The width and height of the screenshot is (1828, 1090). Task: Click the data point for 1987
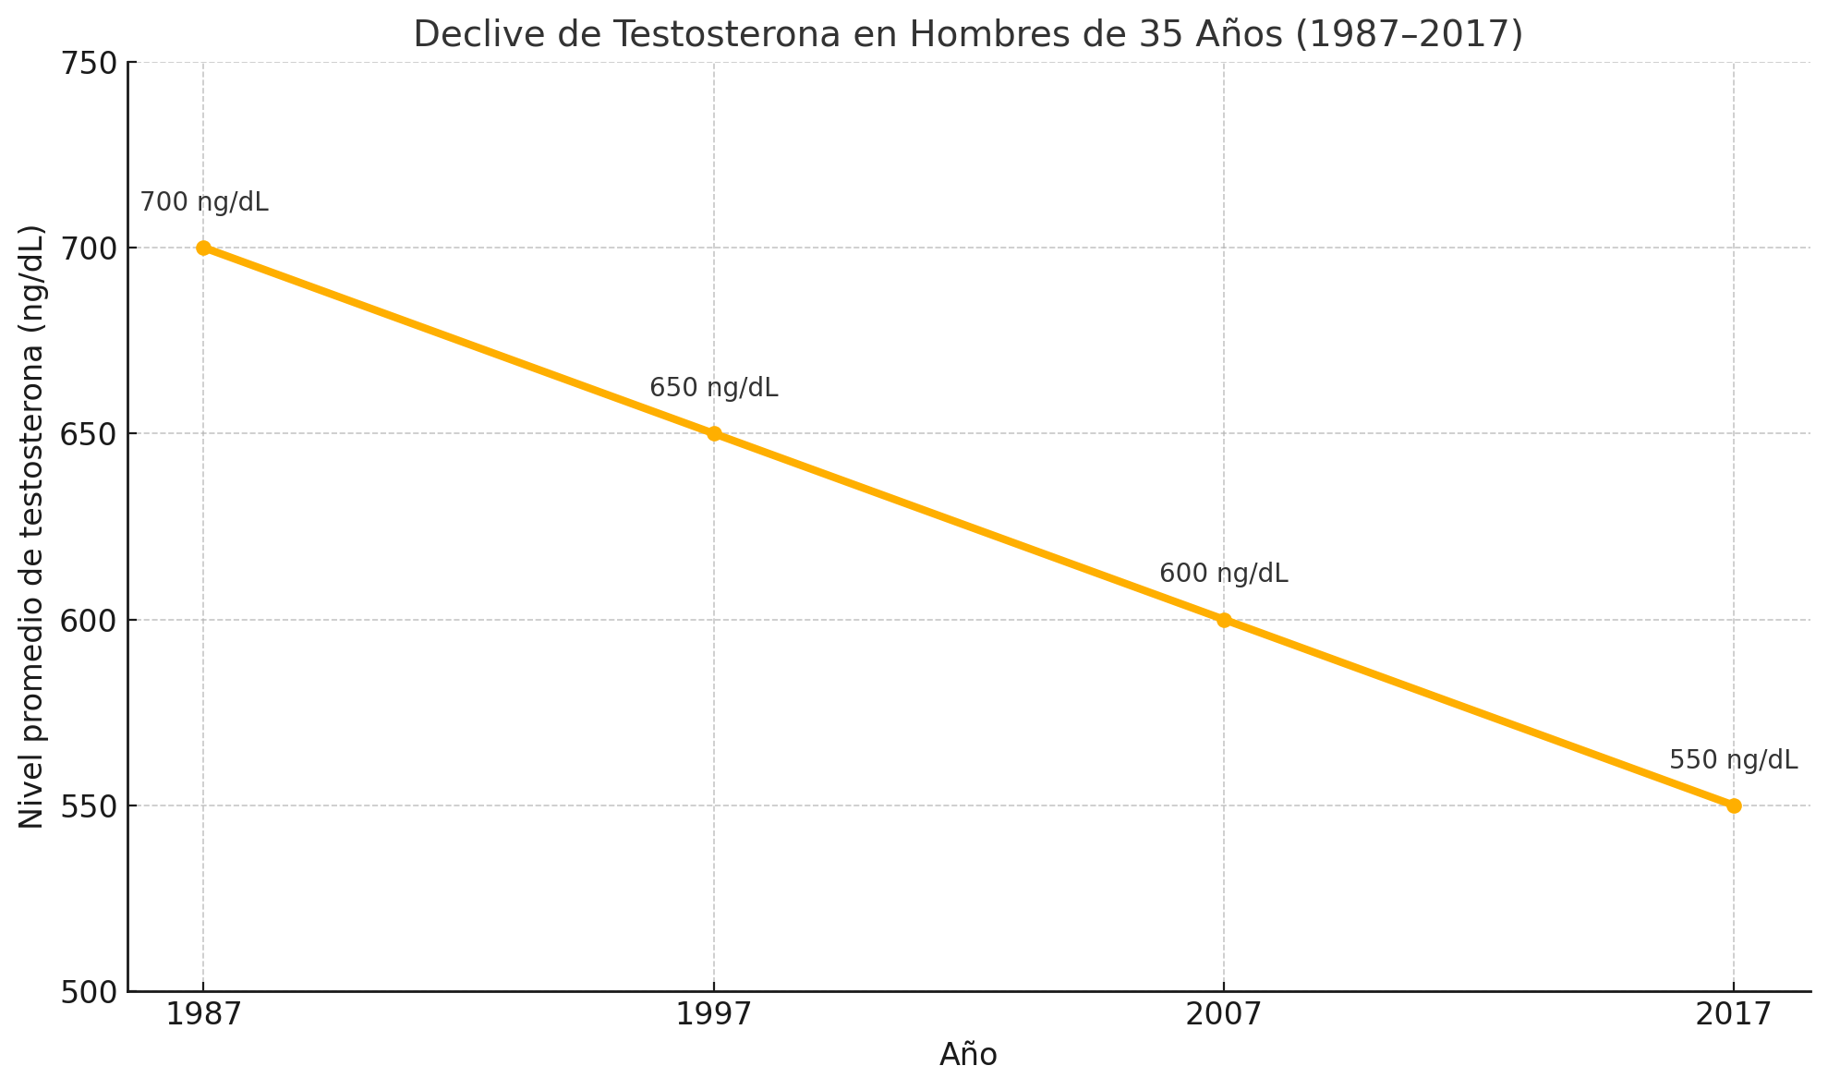pyautogui.click(x=203, y=248)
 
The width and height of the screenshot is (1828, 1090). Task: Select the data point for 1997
pyautogui.click(x=714, y=433)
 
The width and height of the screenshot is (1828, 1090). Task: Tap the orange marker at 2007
pyautogui.click(x=1224, y=620)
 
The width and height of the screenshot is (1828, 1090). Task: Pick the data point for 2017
pyautogui.click(x=1734, y=805)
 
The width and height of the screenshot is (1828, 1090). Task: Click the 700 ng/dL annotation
pyautogui.click(x=204, y=202)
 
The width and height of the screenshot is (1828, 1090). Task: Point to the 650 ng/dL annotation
pyautogui.click(x=714, y=388)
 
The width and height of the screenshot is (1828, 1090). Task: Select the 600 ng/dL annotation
pyautogui.click(x=1224, y=574)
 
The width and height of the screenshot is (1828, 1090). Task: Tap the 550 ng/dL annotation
pyautogui.click(x=1733, y=760)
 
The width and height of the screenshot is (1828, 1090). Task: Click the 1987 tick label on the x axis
pyautogui.click(x=203, y=1015)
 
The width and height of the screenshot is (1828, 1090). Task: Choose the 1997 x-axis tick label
pyautogui.click(x=714, y=1015)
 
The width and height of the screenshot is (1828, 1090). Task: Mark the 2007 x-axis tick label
pyautogui.click(x=1224, y=1015)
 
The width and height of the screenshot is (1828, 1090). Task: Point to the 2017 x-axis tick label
pyautogui.click(x=1734, y=1015)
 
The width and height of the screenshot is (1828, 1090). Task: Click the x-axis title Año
pyautogui.click(x=968, y=1055)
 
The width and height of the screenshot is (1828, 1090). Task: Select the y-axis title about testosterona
pyautogui.click(x=32, y=527)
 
